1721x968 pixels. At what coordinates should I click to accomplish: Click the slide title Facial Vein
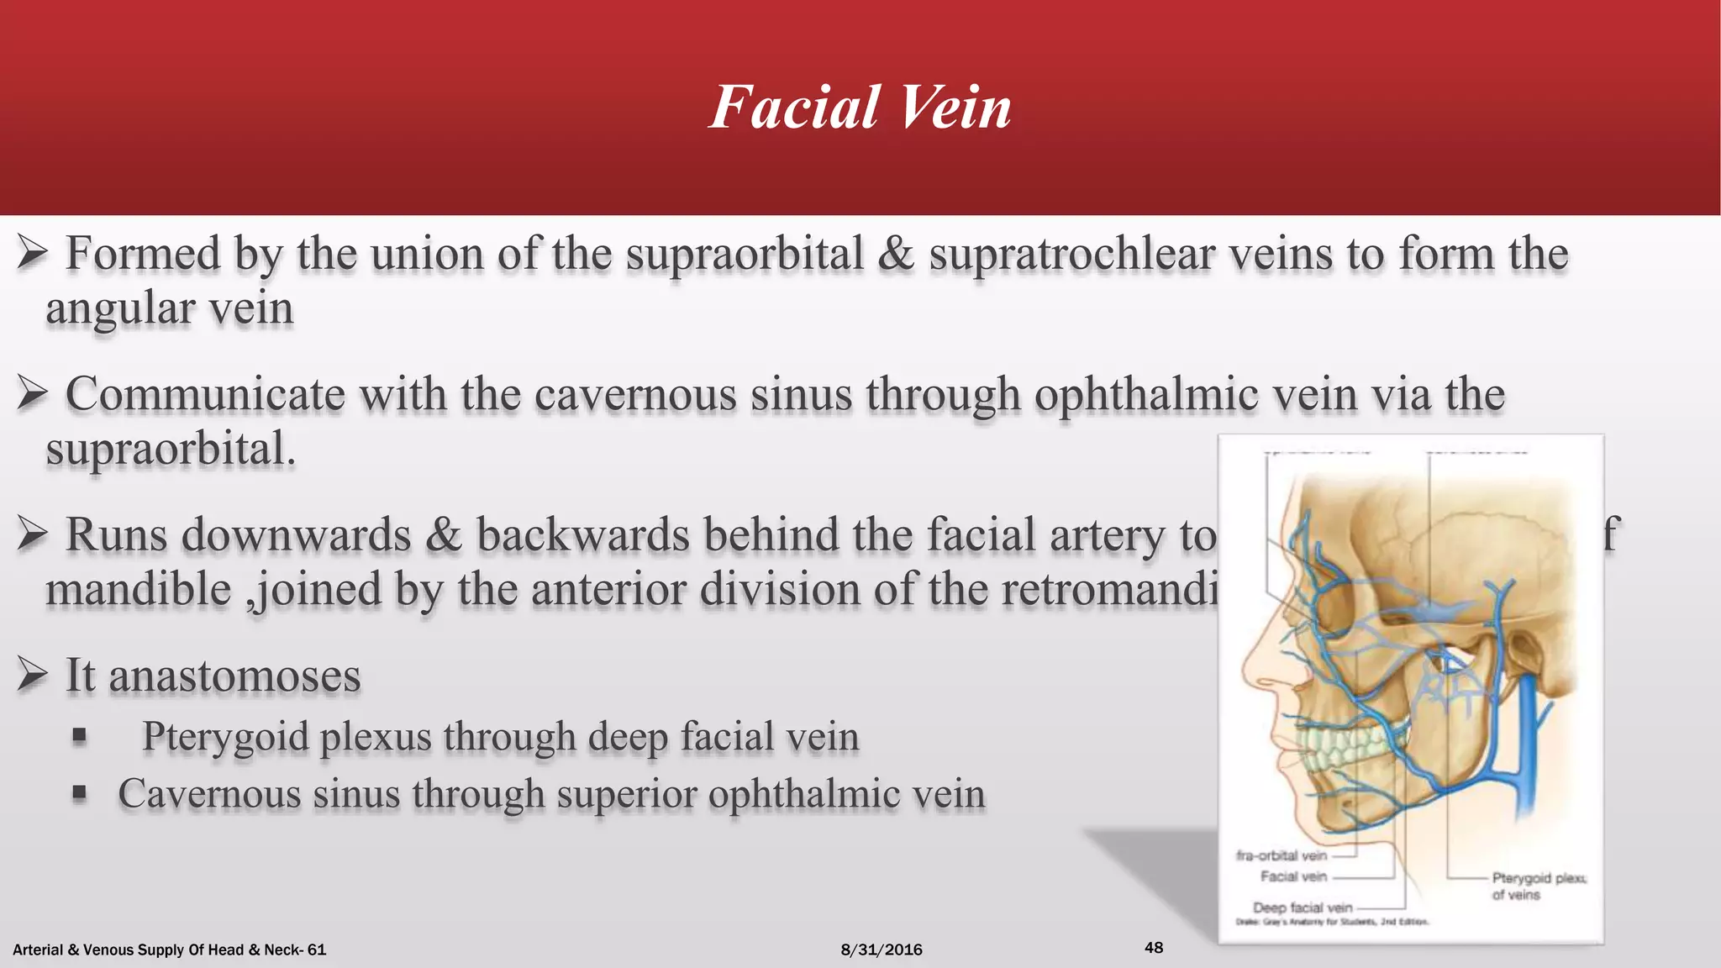(860, 108)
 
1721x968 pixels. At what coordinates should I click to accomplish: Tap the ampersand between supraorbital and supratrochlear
(896, 254)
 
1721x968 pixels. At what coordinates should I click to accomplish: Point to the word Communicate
(205, 394)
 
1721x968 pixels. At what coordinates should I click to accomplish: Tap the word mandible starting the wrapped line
(138, 589)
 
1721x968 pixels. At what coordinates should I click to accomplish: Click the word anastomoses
(234, 676)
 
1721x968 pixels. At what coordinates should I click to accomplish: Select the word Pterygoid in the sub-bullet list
(224, 737)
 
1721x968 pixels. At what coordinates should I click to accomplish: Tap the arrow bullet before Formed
(31, 253)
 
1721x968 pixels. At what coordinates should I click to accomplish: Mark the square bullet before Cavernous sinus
(80, 792)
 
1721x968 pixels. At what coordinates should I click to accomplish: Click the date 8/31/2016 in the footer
(881, 950)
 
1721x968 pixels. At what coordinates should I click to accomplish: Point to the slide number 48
(1154, 948)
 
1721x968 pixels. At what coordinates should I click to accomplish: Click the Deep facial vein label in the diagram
(1303, 907)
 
